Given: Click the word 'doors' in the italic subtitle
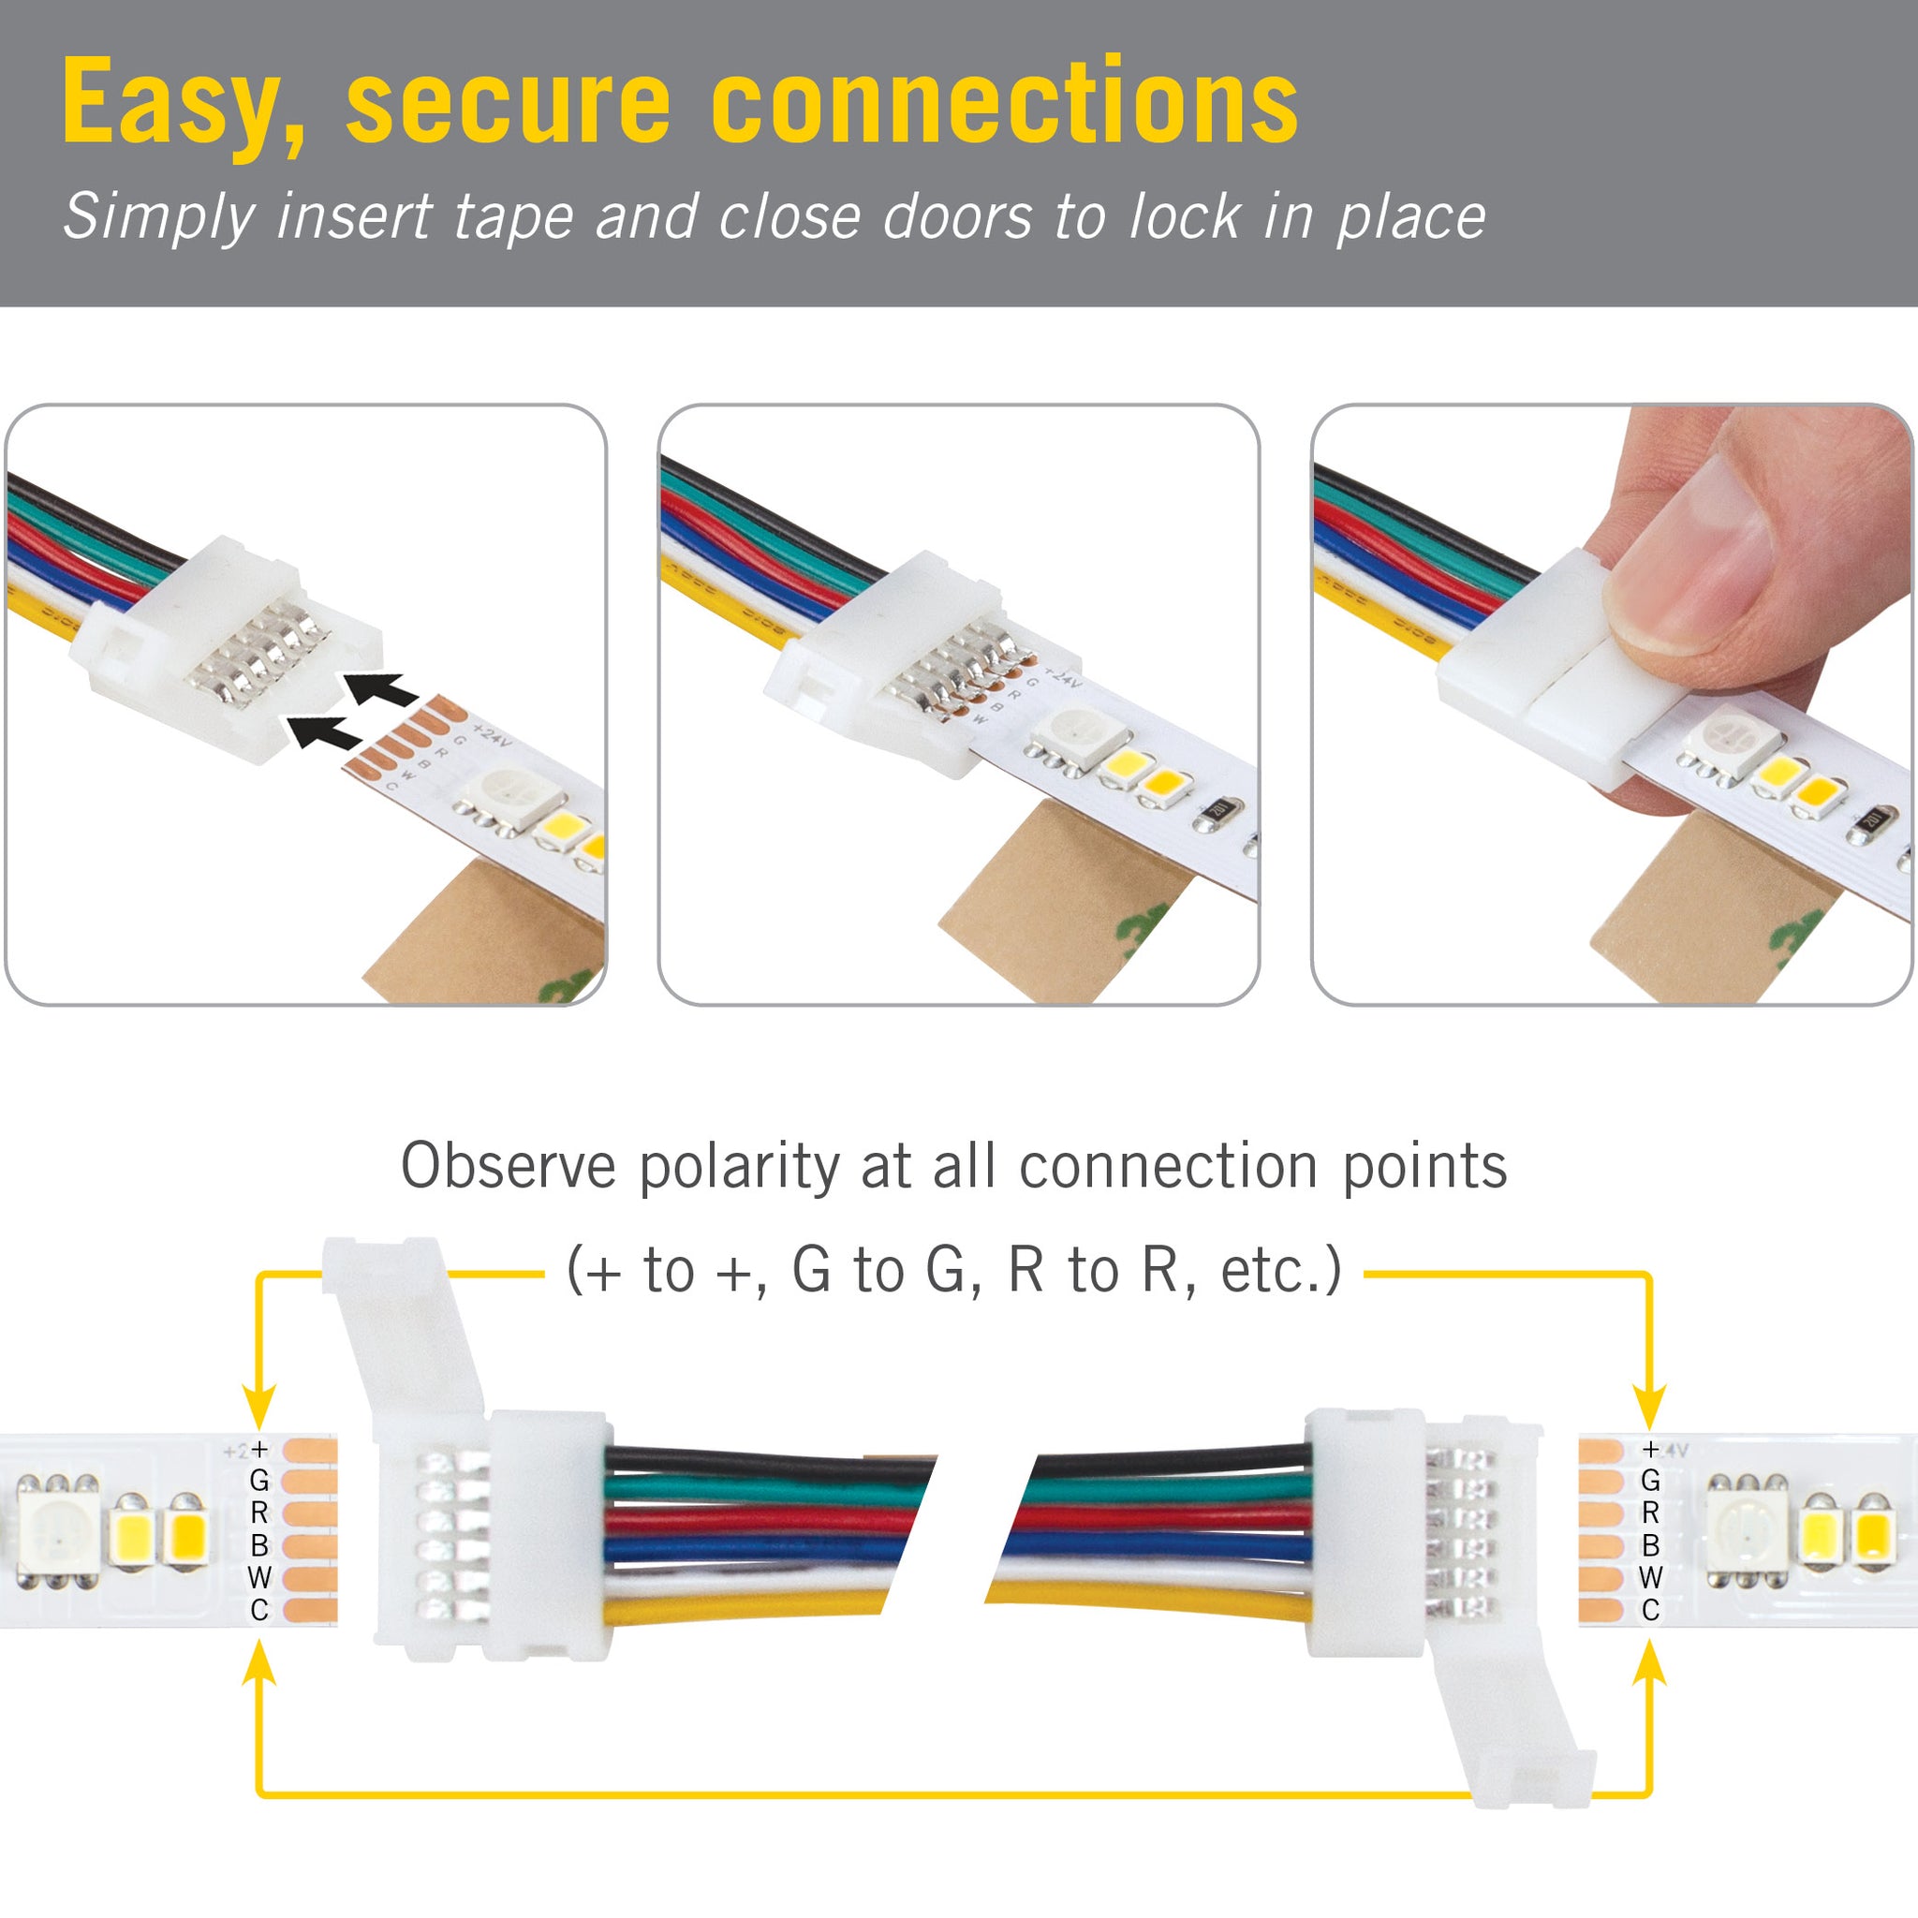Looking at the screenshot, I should [x=957, y=216].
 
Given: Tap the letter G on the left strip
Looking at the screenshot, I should [x=259, y=1481].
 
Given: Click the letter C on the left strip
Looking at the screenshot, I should [x=259, y=1609].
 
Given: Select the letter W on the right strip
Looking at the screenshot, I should [x=1650, y=1576].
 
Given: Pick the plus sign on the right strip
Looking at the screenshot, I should [x=1650, y=1450].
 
